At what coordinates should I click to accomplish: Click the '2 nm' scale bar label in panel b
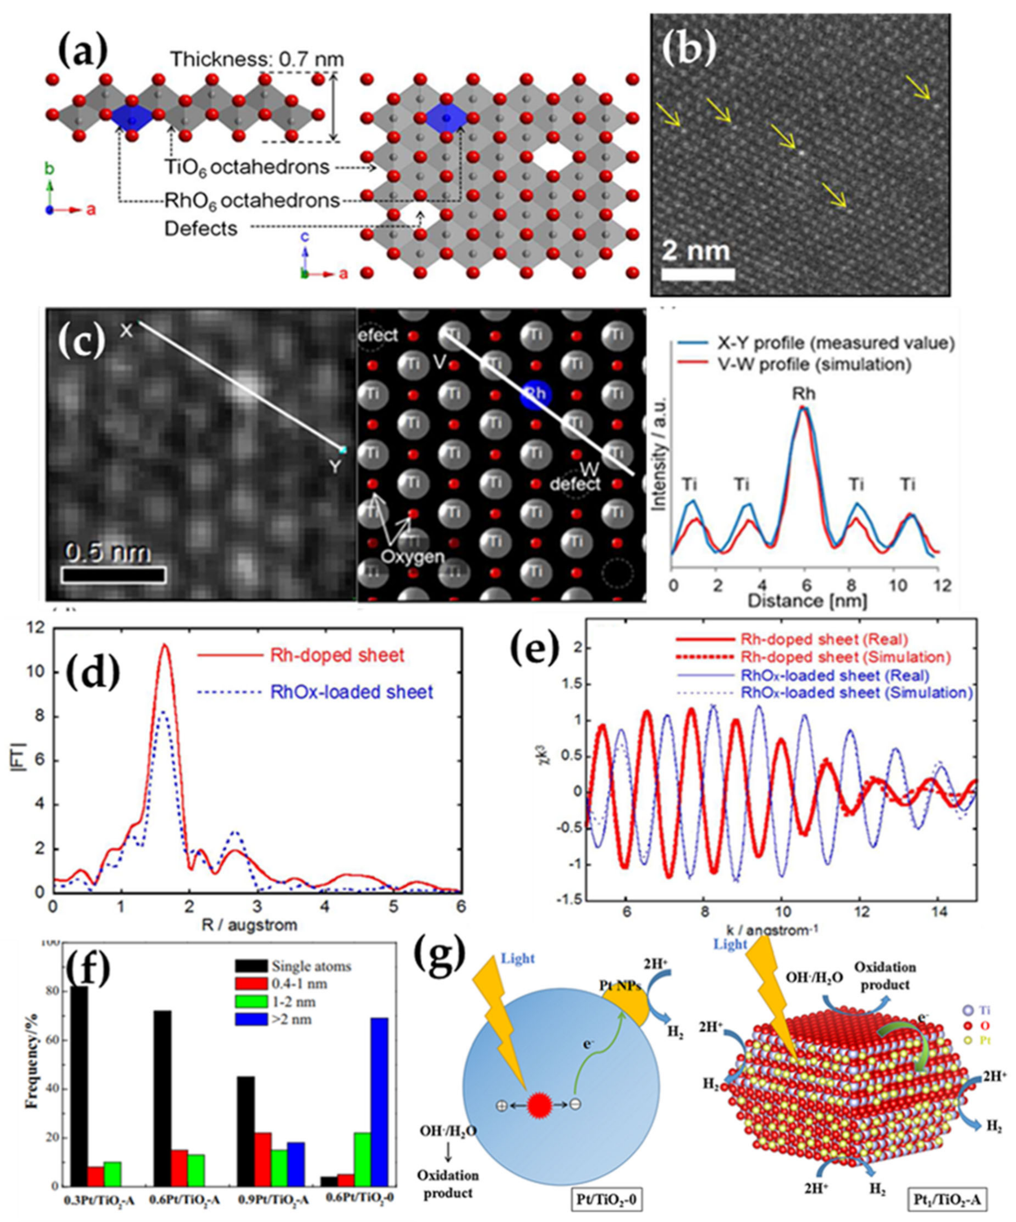(x=696, y=251)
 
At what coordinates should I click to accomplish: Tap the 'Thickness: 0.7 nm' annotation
(x=257, y=59)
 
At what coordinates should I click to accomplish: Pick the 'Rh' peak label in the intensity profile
(x=803, y=394)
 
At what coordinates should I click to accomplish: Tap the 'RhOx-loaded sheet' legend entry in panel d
(x=351, y=692)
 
